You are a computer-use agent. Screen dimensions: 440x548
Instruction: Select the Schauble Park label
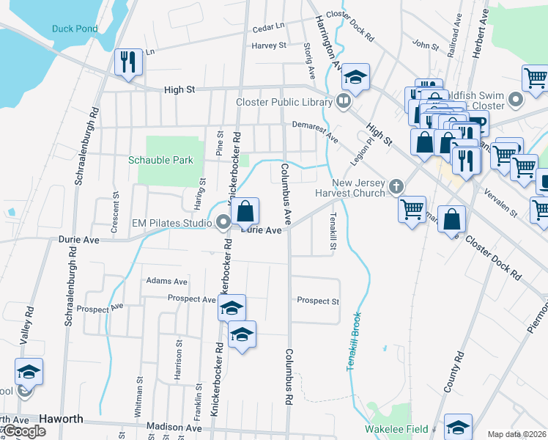coord(160,160)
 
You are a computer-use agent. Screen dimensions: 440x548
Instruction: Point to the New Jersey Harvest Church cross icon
coord(396,186)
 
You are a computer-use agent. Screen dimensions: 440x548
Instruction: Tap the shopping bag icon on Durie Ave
coord(247,212)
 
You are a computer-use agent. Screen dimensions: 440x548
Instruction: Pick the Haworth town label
coord(61,419)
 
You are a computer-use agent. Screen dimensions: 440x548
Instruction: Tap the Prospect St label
coord(318,301)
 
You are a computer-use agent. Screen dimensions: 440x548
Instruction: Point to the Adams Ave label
coord(167,281)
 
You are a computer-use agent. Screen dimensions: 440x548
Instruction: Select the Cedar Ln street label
coord(268,27)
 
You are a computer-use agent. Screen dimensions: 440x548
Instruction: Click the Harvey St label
coord(268,45)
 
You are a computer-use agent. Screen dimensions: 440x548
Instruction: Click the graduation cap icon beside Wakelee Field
coord(459,425)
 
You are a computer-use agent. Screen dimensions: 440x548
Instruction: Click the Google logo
coord(23,431)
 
